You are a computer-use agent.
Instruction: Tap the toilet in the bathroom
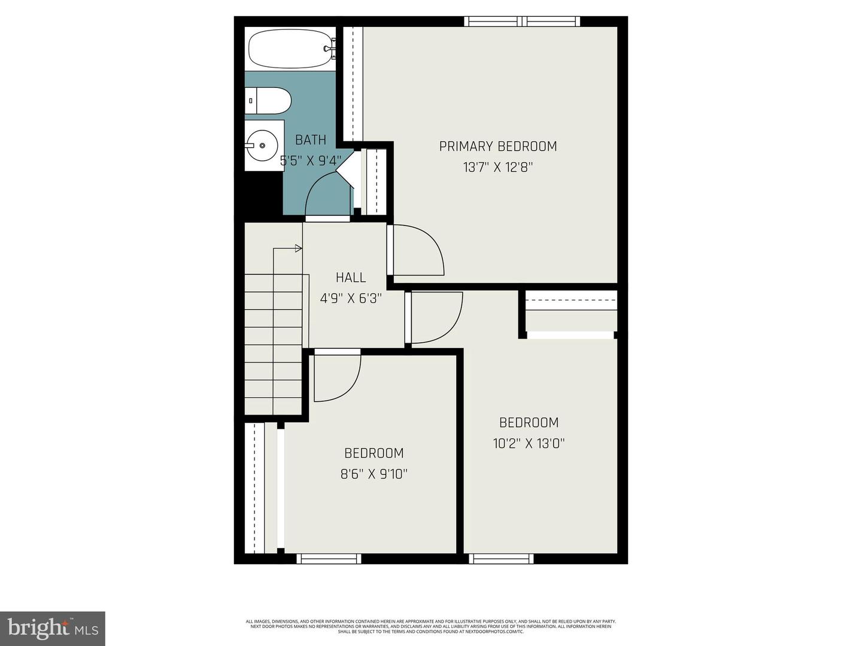[x=269, y=100]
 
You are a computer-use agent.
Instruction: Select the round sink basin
[x=262, y=145]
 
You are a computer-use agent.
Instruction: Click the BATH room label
[x=311, y=140]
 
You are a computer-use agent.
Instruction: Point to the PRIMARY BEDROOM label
[x=498, y=147]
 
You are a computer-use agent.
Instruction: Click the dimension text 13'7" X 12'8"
[x=498, y=167]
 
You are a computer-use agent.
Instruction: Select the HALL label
[x=351, y=278]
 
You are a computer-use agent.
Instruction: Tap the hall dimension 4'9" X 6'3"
[x=351, y=298]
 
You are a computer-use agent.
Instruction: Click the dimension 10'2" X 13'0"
[x=529, y=443]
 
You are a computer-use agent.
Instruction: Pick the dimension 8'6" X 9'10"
[x=374, y=474]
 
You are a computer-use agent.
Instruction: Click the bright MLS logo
[x=53, y=628]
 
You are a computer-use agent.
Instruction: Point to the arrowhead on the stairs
[x=298, y=248]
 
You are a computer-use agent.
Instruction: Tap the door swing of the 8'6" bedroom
[x=336, y=377]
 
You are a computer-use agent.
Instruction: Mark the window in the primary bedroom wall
[x=522, y=22]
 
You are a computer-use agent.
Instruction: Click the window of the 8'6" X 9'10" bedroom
[x=329, y=559]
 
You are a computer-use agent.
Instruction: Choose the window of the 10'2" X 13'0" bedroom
[x=501, y=559]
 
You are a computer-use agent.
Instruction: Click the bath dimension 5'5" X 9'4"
[x=311, y=161]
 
